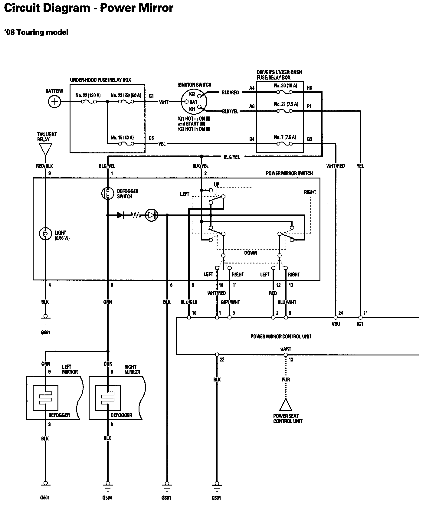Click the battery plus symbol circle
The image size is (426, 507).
(54, 102)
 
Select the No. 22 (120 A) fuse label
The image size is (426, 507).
(88, 95)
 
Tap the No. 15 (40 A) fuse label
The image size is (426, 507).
(122, 138)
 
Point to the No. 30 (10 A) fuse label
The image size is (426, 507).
(285, 86)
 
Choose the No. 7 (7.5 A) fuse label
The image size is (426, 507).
(285, 137)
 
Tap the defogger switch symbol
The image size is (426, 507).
(107, 194)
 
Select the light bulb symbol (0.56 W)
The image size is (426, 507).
(45, 234)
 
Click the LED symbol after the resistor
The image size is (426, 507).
(151, 215)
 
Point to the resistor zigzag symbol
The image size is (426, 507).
(136, 215)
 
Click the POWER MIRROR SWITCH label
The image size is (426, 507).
(289, 173)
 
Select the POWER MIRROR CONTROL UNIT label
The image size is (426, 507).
(281, 336)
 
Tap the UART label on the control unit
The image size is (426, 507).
(285, 349)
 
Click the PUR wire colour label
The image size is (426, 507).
(286, 379)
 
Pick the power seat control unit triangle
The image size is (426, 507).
(285, 405)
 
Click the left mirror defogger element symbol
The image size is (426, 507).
(45, 397)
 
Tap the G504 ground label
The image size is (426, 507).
(107, 498)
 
